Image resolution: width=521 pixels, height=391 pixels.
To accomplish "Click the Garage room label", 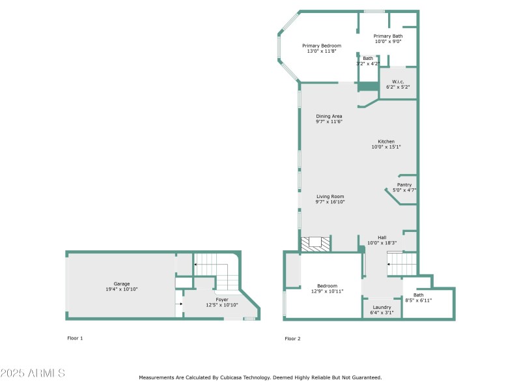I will click(122, 283).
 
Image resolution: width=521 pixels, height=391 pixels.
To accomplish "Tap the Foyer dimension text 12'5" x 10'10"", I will click(222, 305).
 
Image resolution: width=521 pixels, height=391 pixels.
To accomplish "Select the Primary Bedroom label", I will click(321, 46).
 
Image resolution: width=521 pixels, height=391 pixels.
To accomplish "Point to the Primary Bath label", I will click(387, 36).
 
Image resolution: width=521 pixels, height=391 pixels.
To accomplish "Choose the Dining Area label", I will click(329, 116).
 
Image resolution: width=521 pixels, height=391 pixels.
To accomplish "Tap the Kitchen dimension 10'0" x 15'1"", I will click(386, 147).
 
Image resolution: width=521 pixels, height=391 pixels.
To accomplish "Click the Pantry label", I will click(404, 184).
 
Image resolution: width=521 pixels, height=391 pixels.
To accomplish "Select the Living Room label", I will click(330, 196).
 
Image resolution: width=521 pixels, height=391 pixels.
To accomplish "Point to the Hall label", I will click(382, 237).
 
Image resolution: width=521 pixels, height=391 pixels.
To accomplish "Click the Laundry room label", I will click(382, 307).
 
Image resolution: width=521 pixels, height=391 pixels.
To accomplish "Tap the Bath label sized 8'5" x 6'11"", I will click(418, 295).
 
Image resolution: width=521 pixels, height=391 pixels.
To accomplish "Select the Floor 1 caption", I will click(75, 338).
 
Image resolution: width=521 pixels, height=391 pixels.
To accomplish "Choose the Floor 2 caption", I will click(292, 338).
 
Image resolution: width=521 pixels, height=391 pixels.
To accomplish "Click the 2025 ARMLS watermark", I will click(33, 373).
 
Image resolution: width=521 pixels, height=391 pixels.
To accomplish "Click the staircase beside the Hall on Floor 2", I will click(402, 265).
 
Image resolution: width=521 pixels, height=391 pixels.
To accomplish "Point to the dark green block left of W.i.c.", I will click(368, 87).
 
